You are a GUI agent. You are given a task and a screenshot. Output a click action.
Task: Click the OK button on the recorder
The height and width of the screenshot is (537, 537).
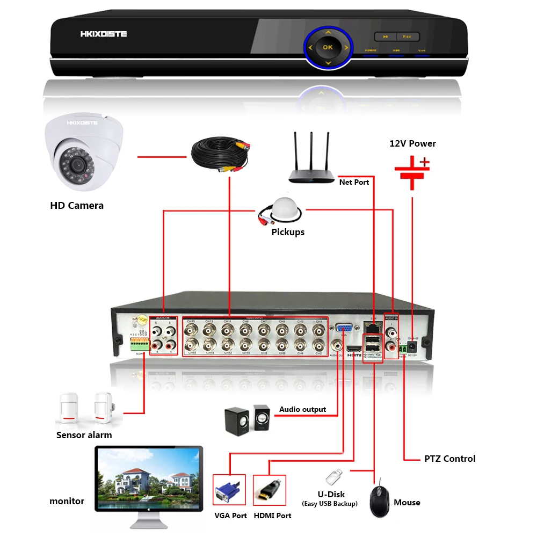328,47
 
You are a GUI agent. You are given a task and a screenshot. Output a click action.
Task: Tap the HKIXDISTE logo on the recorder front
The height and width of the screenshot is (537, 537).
104,34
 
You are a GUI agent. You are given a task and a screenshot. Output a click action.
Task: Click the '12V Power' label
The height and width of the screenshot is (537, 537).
412,143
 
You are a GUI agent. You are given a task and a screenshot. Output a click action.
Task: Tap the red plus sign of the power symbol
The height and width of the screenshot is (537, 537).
424,161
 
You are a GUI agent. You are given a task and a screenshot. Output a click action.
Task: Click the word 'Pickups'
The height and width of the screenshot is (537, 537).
288,232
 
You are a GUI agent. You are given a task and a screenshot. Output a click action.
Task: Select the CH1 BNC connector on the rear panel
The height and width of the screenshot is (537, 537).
318,329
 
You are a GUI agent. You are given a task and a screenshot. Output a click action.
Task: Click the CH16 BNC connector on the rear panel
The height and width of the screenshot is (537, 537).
191,344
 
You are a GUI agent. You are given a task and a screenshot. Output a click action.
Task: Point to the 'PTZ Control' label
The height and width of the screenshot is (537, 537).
449,459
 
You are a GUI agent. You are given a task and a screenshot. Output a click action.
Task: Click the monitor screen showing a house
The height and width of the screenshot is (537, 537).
148,478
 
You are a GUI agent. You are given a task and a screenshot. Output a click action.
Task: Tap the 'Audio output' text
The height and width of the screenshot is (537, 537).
302,409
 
